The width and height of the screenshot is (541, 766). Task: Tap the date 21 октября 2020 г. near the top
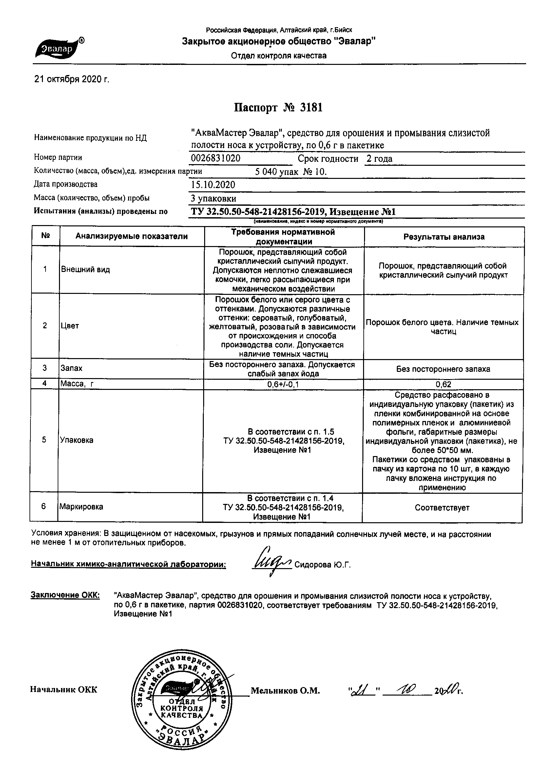pos(72,79)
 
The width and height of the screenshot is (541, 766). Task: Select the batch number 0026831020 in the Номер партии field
pos(216,158)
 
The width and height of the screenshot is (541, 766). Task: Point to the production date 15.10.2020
pos(213,185)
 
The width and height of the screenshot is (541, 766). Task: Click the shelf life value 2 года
pos(379,159)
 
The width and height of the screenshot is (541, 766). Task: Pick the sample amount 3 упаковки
pos(214,199)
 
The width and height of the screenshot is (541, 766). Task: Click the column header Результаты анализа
pos(444,237)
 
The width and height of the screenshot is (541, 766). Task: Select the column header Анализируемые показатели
pos(131,237)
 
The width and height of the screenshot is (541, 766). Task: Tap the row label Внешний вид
pos(86,270)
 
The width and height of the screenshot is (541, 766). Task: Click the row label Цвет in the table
pos(70,326)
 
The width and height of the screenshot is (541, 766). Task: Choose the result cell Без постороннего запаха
pos(443,369)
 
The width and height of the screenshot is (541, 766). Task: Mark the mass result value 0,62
pos(443,385)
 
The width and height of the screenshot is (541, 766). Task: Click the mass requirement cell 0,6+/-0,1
pos(283,385)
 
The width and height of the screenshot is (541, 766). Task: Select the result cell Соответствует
pos(442,508)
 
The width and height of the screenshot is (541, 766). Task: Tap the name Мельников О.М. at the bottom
pos(285,691)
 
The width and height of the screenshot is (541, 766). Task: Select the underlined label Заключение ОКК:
pos(65,596)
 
